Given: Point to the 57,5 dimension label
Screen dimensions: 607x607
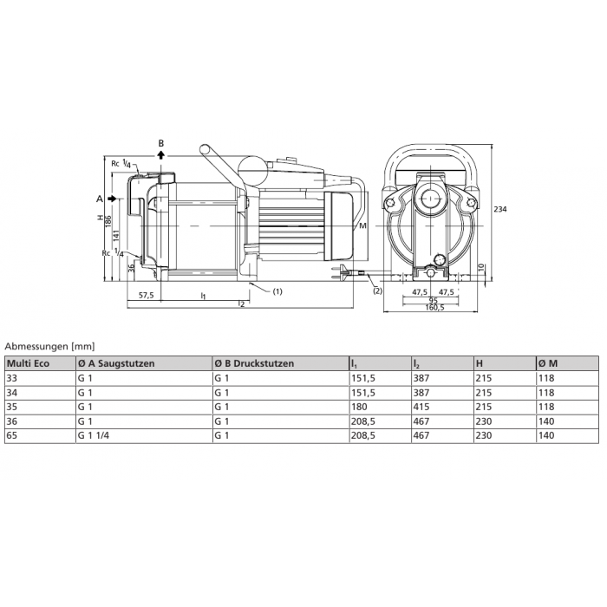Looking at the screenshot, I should [x=146, y=296].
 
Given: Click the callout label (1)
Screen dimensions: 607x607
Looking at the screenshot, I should [x=277, y=291].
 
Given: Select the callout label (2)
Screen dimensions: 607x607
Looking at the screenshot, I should [x=376, y=291].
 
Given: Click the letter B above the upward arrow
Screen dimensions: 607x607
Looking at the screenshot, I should [x=160, y=142].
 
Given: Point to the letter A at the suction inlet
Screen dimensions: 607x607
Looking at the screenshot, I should [x=100, y=199].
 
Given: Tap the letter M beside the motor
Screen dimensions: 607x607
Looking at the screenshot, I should [x=362, y=226].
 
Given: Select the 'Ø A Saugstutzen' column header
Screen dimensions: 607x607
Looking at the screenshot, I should [x=116, y=363].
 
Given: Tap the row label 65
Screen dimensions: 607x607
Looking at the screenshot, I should [x=12, y=434].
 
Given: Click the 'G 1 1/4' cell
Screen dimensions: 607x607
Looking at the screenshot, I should [x=93, y=434].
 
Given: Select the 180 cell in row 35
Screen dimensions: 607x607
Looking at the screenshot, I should [x=359, y=406].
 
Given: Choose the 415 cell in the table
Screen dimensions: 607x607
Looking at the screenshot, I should [x=422, y=406].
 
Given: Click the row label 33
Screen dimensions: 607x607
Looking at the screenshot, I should [x=12, y=378].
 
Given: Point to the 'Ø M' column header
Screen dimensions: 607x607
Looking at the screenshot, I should [x=549, y=363].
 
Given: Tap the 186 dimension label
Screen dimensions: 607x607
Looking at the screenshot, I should [x=108, y=222].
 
